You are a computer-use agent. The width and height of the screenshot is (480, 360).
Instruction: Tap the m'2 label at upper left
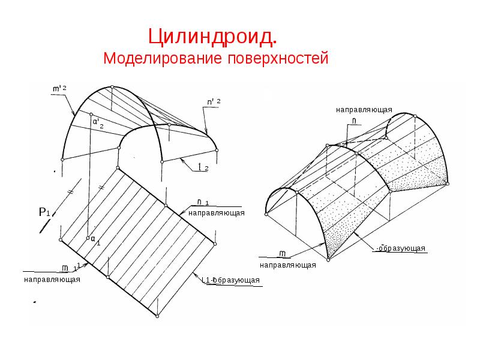(x=59, y=89)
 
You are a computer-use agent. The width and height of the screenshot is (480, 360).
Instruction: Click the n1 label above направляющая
(x=203, y=202)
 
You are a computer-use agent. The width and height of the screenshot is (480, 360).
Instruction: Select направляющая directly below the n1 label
(x=217, y=213)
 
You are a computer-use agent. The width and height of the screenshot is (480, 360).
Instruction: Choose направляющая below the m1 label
(x=52, y=279)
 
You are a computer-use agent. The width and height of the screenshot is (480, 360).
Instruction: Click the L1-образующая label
(x=230, y=280)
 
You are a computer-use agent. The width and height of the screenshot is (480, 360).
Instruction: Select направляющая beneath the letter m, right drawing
(x=288, y=265)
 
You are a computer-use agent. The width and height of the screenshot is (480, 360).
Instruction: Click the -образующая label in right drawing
(x=400, y=248)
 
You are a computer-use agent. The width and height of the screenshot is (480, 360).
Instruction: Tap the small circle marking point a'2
(x=90, y=114)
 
